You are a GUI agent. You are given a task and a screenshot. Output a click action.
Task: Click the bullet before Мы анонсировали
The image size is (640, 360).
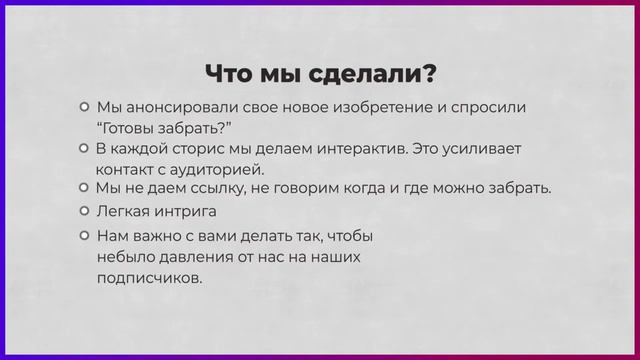coord(85,107)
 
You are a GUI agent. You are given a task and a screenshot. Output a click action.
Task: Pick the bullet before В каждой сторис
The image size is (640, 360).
coord(85,148)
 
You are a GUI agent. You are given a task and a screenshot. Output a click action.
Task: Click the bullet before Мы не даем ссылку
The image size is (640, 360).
coord(85,188)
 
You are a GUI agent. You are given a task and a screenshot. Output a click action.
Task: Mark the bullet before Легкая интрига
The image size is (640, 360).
coord(85,212)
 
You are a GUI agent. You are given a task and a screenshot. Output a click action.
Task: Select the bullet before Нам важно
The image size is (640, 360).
coord(85,236)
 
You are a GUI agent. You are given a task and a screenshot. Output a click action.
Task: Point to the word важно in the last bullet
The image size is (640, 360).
coord(163,236)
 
